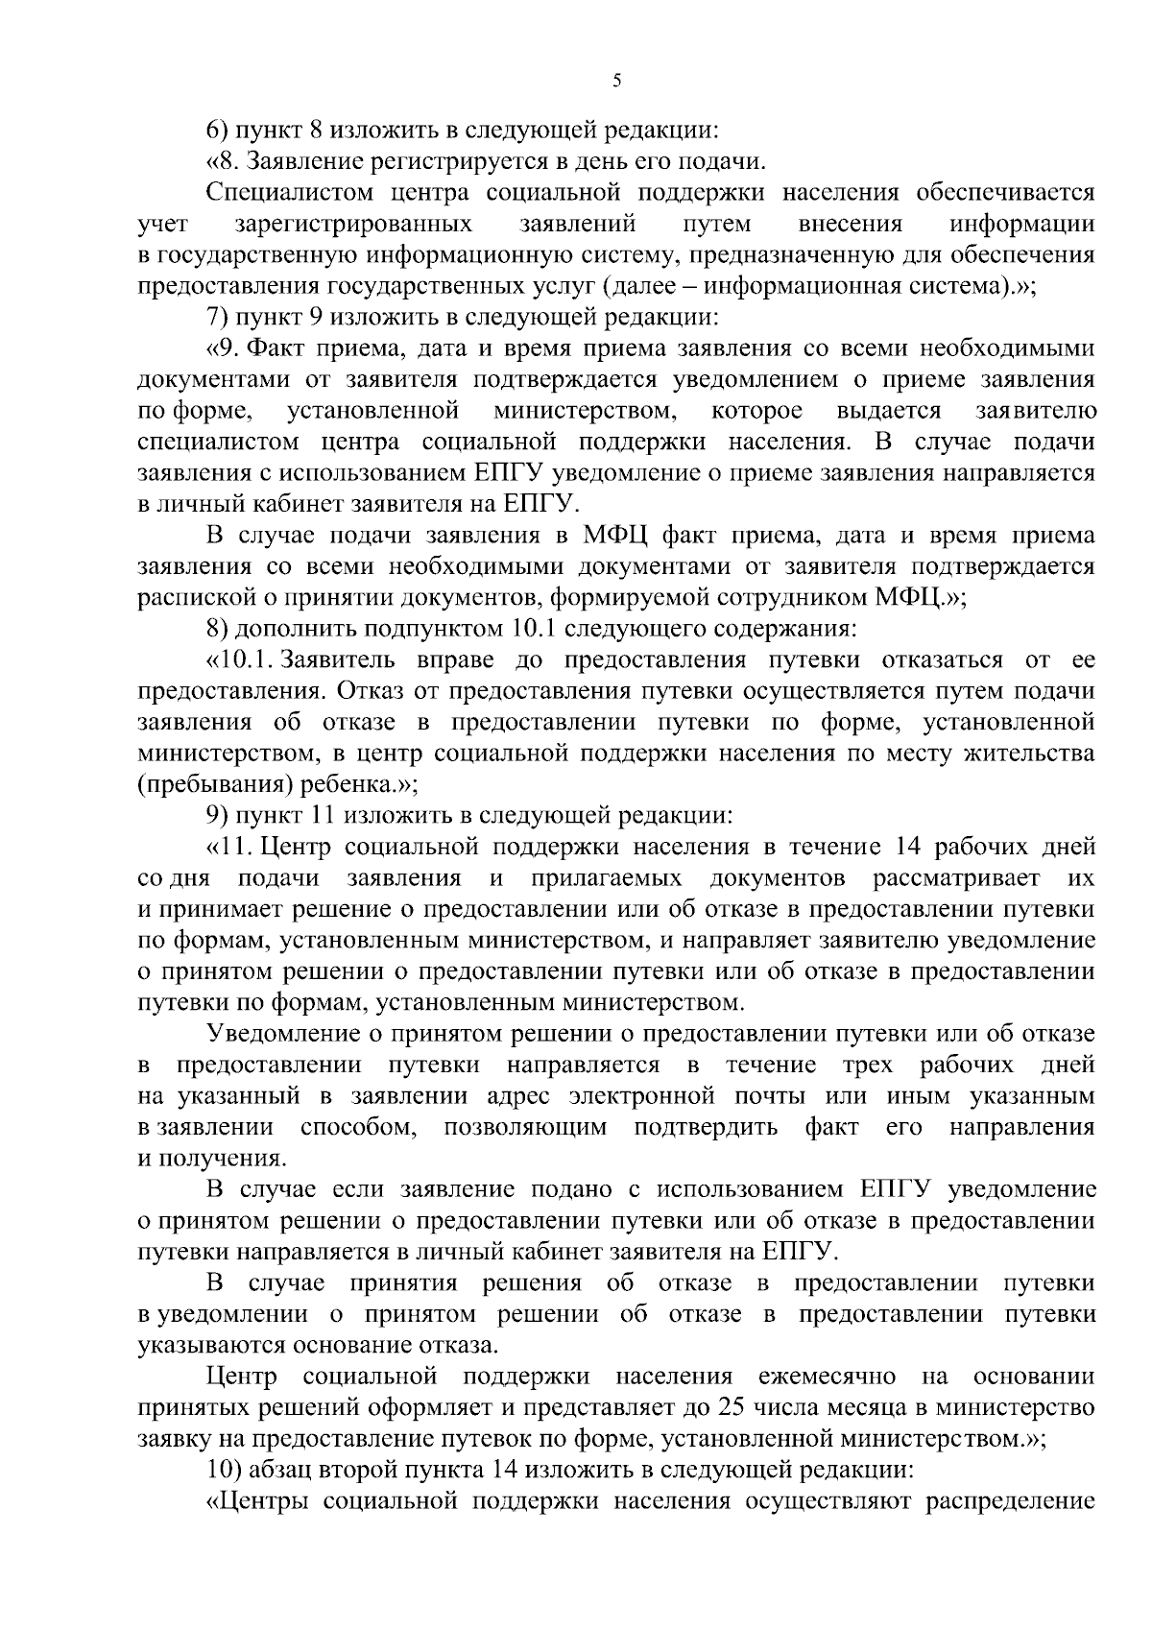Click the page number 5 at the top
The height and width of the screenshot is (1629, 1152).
(617, 82)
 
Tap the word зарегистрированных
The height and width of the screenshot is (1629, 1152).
(353, 224)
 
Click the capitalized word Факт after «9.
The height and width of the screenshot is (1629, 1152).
(286, 347)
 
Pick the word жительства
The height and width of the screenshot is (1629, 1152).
(1028, 754)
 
